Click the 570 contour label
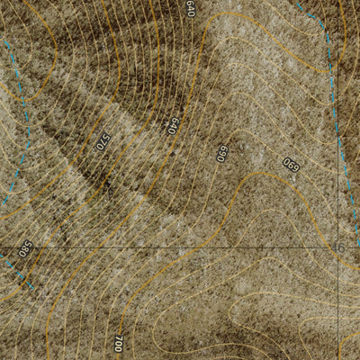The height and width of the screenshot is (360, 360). click(x=103, y=141)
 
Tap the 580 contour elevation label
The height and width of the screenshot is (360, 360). click(x=25, y=247)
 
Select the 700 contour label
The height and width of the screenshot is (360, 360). click(x=119, y=343)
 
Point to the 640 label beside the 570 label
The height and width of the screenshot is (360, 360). click(x=173, y=125)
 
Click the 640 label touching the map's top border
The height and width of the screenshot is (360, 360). click(x=190, y=9)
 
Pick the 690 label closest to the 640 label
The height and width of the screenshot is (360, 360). click(x=221, y=153)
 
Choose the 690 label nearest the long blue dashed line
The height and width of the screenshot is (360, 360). click(x=291, y=165)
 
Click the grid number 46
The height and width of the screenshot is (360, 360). click(x=339, y=247)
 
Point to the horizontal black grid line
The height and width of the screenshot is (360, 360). click(x=180, y=247)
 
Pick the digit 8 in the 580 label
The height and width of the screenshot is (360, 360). click(x=25, y=247)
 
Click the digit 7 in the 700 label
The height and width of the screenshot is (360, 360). click(x=119, y=348)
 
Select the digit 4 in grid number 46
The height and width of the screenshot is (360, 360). click(x=337, y=247)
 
